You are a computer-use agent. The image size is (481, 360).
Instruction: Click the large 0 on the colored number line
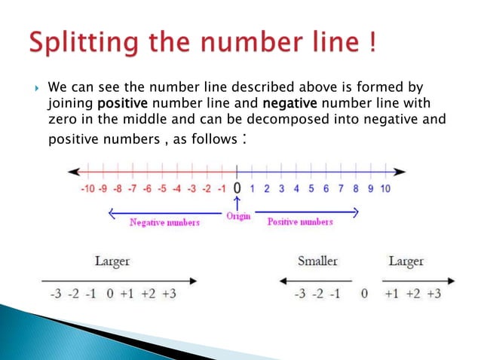tap(237, 188)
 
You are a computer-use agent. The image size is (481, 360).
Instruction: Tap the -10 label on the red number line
tap(89, 189)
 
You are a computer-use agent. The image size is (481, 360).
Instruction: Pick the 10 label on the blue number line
tap(384, 189)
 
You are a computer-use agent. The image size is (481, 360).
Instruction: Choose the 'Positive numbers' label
tap(300, 222)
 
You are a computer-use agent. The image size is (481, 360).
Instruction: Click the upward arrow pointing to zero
tap(237, 203)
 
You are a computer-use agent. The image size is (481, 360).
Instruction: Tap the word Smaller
tap(317, 261)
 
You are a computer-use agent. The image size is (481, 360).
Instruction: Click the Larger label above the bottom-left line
tap(112, 261)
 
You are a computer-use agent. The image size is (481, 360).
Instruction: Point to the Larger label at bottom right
tap(406, 261)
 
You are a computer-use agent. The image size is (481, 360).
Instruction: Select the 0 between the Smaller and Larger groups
tap(364, 294)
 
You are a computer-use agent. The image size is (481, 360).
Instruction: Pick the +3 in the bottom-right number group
tap(434, 294)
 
